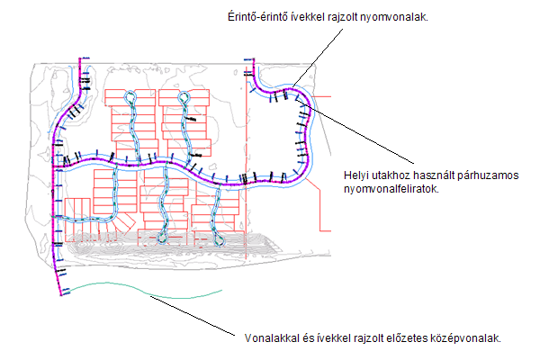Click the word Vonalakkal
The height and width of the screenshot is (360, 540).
point(270,338)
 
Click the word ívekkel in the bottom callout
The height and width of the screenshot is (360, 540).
point(326,338)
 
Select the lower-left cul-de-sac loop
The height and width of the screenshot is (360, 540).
point(162,238)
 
